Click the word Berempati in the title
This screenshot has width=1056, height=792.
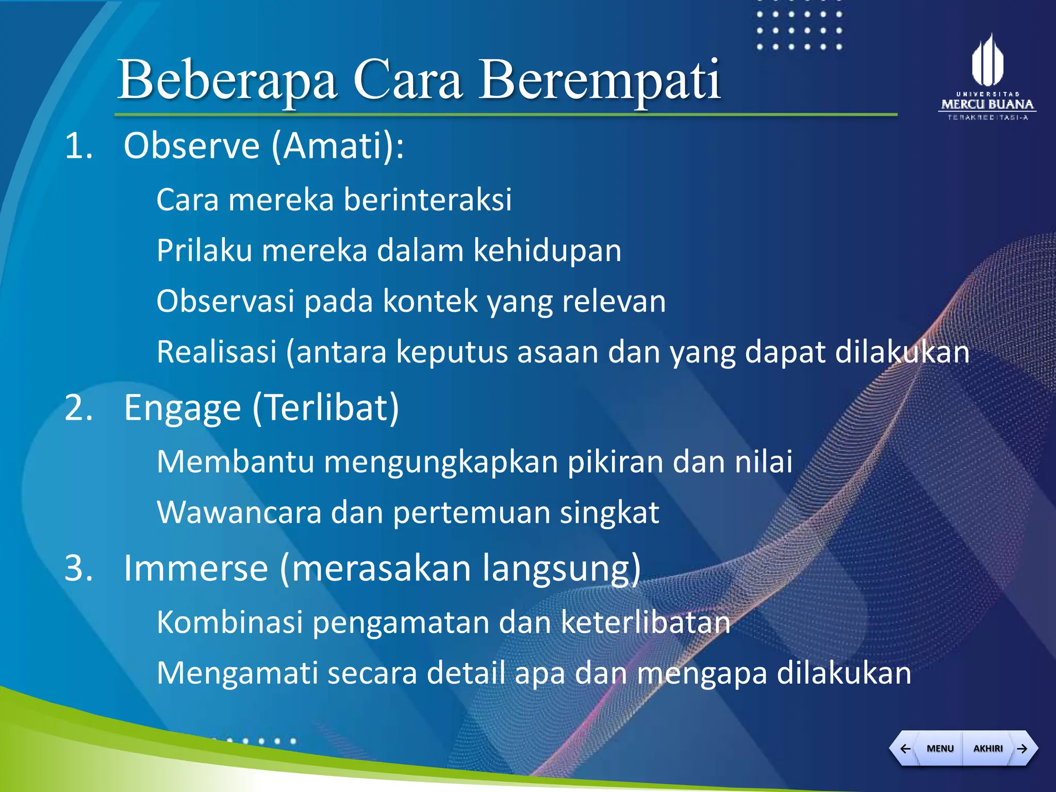(x=600, y=80)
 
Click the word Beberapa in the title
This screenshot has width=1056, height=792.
(x=227, y=80)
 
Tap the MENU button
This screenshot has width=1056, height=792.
(x=940, y=748)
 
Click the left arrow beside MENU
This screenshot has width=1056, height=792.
(x=905, y=748)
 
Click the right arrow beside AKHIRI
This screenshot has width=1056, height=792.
(x=1022, y=748)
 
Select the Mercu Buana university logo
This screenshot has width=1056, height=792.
(x=987, y=77)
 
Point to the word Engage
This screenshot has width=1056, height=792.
(x=182, y=408)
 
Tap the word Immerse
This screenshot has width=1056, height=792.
(x=196, y=568)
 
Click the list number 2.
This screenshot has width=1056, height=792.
(x=78, y=408)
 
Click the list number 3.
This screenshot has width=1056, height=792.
(x=78, y=568)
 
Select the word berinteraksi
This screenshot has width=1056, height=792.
(x=427, y=200)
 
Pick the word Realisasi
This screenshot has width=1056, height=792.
(x=217, y=352)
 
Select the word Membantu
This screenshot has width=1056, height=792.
(x=235, y=461)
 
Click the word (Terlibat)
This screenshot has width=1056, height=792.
(x=326, y=408)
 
